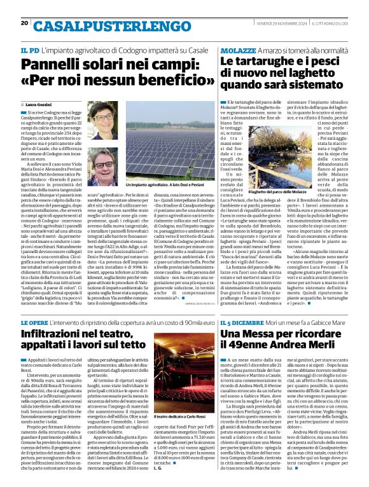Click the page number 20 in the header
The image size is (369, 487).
pos(24,24)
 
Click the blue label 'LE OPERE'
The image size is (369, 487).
pos(36,324)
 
